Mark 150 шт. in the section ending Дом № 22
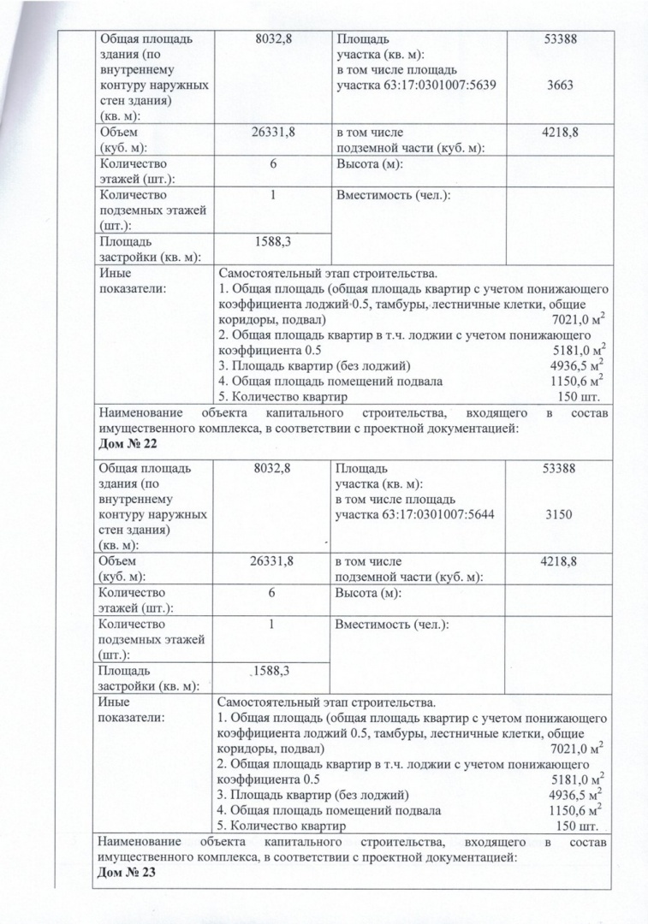point(578,397)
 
